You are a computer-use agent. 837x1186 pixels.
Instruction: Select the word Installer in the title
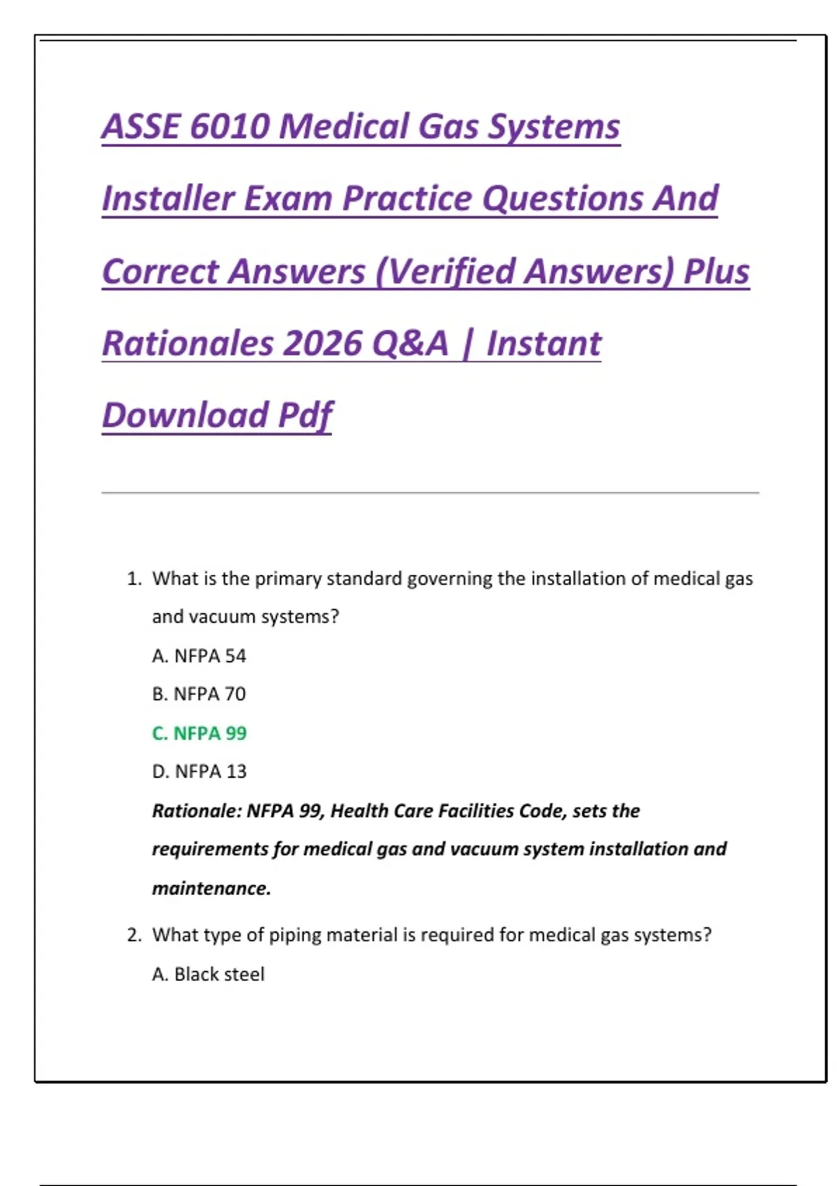click(x=168, y=199)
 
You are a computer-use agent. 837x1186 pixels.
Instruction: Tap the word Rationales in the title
click(x=188, y=343)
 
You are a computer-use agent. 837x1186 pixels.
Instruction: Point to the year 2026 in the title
click(x=322, y=343)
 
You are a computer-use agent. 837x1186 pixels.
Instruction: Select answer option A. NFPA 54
click(x=199, y=656)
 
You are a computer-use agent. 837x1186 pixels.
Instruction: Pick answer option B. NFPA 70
click(x=199, y=693)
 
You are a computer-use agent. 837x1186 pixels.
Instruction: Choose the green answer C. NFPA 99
click(x=199, y=733)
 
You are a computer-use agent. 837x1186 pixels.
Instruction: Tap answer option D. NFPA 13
click(x=199, y=772)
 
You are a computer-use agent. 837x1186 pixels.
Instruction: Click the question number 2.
click(x=134, y=935)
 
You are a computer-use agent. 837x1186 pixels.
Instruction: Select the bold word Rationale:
click(x=197, y=811)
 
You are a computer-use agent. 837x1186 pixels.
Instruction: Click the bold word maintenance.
click(x=212, y=888)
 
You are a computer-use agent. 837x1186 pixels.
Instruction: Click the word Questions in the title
click(x=562, y=199)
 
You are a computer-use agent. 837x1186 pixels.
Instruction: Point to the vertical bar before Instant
click(x=467, y=344)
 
